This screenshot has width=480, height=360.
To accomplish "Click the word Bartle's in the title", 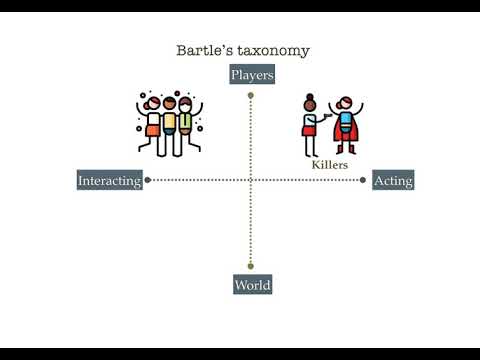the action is point(202,50).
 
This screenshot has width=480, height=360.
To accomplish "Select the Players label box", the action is point(252,75).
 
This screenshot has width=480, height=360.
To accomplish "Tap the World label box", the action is point(252,285).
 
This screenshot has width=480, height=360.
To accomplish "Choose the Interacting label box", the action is point(110,181).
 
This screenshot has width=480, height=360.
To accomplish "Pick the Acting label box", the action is point(393,181).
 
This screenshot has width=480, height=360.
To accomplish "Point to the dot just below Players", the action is point(251,96).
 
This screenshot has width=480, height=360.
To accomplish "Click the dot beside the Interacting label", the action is point(148,181).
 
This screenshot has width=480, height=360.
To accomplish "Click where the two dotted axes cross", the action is point(251,181).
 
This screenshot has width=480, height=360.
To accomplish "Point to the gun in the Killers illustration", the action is point(326,115).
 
